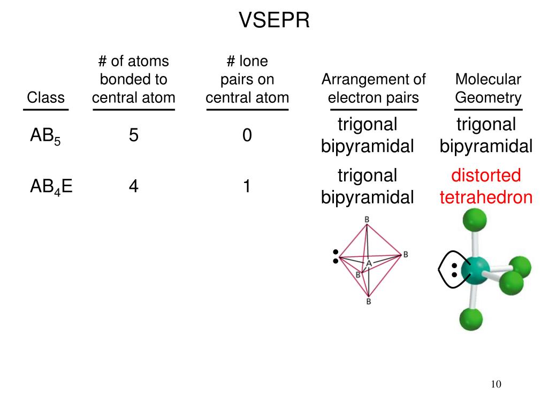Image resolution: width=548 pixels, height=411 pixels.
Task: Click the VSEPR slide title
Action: click(274, 20)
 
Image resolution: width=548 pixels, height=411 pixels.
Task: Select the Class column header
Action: click(46, 97)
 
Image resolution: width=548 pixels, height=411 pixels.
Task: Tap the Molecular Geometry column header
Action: click(488, 88)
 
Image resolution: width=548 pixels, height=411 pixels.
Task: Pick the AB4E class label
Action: click(51, 187)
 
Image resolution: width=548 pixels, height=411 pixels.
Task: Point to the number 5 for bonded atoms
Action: click(133, 135)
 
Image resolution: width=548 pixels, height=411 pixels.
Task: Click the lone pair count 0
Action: click(247, 135)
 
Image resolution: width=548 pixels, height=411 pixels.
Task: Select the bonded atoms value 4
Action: click(133, 186)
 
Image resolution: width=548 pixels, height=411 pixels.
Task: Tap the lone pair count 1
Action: click(247, 186)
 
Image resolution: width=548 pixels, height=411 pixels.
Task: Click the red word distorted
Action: click(486, 175)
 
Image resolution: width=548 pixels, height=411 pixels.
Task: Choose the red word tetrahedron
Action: click(486, 197)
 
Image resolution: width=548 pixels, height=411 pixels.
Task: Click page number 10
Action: click(496, 384)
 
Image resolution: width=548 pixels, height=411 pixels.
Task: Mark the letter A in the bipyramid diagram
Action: click(369, 263)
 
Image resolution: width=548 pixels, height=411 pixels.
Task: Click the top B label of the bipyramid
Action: click(367, 219)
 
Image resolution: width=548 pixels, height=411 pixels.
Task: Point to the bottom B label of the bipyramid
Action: click(368, 301)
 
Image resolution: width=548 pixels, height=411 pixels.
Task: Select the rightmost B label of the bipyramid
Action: click(406, 254)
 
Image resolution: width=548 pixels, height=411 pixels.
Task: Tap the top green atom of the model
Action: click(475, 220)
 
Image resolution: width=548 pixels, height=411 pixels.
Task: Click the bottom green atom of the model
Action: click(471, 319)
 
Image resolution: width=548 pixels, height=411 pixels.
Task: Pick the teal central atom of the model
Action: click(475, 270)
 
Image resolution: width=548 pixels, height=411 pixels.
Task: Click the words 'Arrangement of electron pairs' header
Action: click(374, 88)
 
